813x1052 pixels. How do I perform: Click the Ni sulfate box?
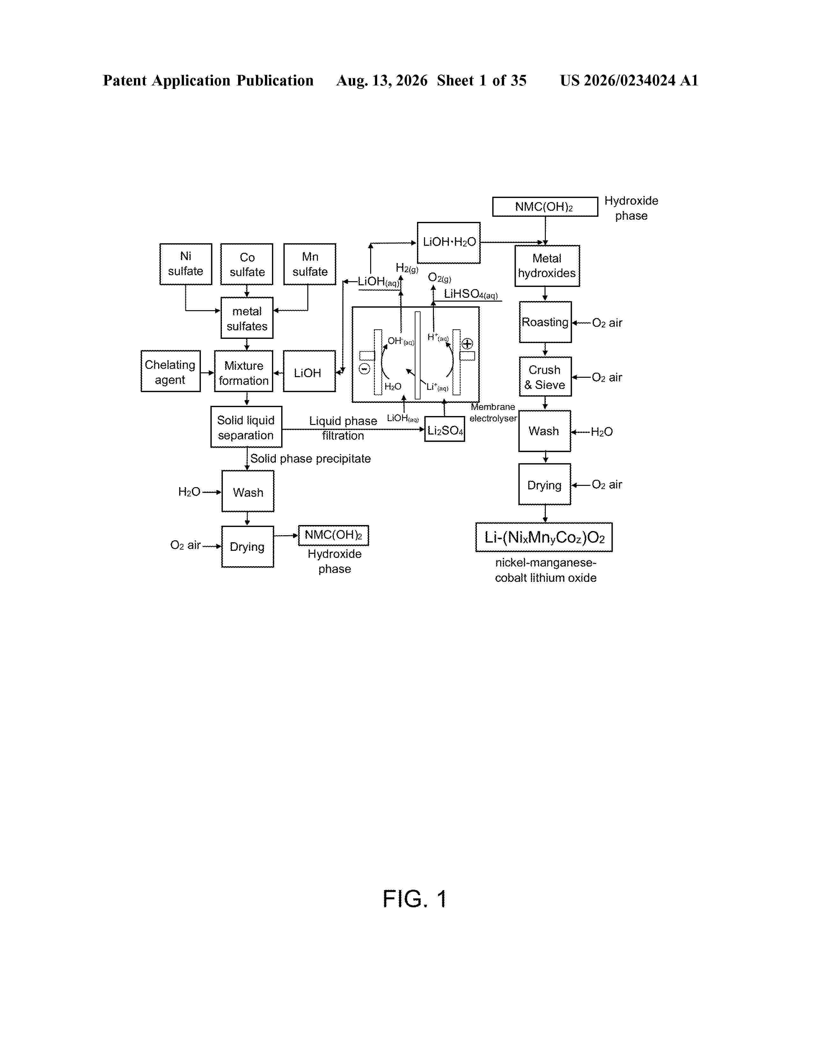186,264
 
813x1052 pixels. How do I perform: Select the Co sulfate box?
246,264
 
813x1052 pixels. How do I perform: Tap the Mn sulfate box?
310,264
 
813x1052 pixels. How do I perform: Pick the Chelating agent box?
171,371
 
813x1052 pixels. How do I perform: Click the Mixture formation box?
244,371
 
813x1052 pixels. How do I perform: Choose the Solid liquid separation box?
246,427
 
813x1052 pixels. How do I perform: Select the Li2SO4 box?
444,429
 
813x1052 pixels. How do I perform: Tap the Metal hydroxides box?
547,266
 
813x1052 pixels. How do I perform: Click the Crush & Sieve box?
545,377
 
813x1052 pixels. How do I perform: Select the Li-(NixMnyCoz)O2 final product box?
544,537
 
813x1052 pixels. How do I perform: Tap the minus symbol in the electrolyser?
365,369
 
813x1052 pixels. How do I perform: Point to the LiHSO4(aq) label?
471,294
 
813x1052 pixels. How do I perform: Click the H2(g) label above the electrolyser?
407,268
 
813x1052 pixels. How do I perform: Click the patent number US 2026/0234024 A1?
629,80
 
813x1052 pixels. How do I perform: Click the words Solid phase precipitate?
311,458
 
